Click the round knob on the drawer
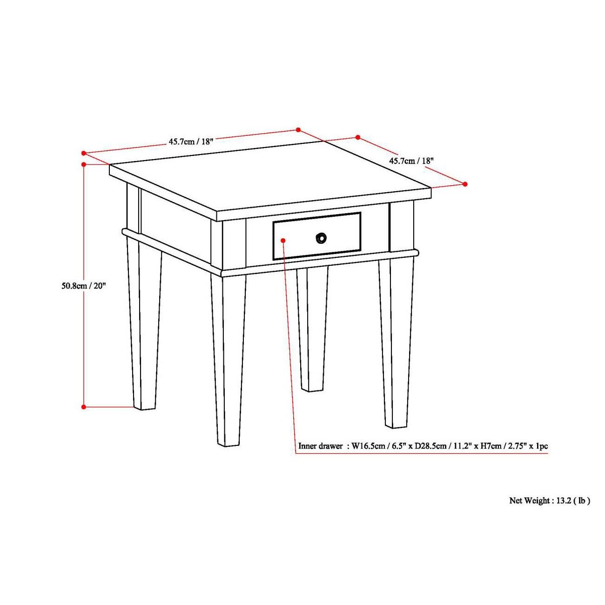point(321,238)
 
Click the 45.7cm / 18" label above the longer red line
point(191,141)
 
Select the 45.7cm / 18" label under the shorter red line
point(411,161)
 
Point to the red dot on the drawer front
point(283,240)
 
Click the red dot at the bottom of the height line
point(84,407)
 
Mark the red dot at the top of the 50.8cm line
point(84,164)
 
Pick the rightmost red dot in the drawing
point(465,184)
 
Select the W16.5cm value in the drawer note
point(368,446)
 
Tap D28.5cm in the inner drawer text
point(434,446)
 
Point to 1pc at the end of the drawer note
point(542,446)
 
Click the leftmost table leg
point(142,326)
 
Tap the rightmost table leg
point(396,344)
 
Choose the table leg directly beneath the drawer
point(312,330)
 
